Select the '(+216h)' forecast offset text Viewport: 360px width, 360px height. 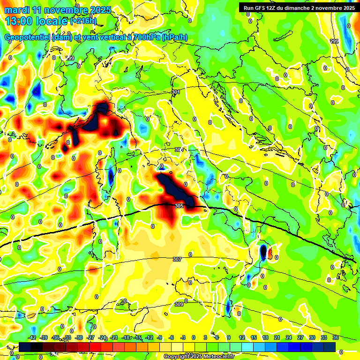(84, 21)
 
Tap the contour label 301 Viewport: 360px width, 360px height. (176, 92)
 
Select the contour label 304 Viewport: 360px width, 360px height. (179, 150)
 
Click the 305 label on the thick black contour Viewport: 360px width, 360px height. (179, 205)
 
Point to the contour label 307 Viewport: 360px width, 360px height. (177, 259)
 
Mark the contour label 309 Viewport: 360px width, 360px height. (179, 304)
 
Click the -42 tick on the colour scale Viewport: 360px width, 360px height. (32, 337)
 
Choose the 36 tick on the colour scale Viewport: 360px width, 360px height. (335, 337)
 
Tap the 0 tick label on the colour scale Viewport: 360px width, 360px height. (194, 337)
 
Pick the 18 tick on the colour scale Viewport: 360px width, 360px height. (265, 337)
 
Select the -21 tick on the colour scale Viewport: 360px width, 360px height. (114, 337)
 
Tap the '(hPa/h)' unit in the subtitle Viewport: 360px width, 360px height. (178, 37)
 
